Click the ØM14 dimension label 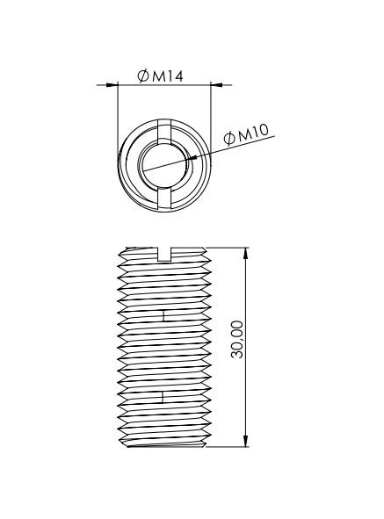(160, 76)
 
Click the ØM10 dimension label (246, 134)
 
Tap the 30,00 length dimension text (237, 339)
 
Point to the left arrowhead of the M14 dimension (112, 85)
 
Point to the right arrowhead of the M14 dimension (217, 85)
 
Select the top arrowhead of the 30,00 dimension (245, 254)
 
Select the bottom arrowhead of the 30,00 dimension (245, 441)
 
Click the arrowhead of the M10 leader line (192, 158)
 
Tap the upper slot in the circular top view (164, 132)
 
